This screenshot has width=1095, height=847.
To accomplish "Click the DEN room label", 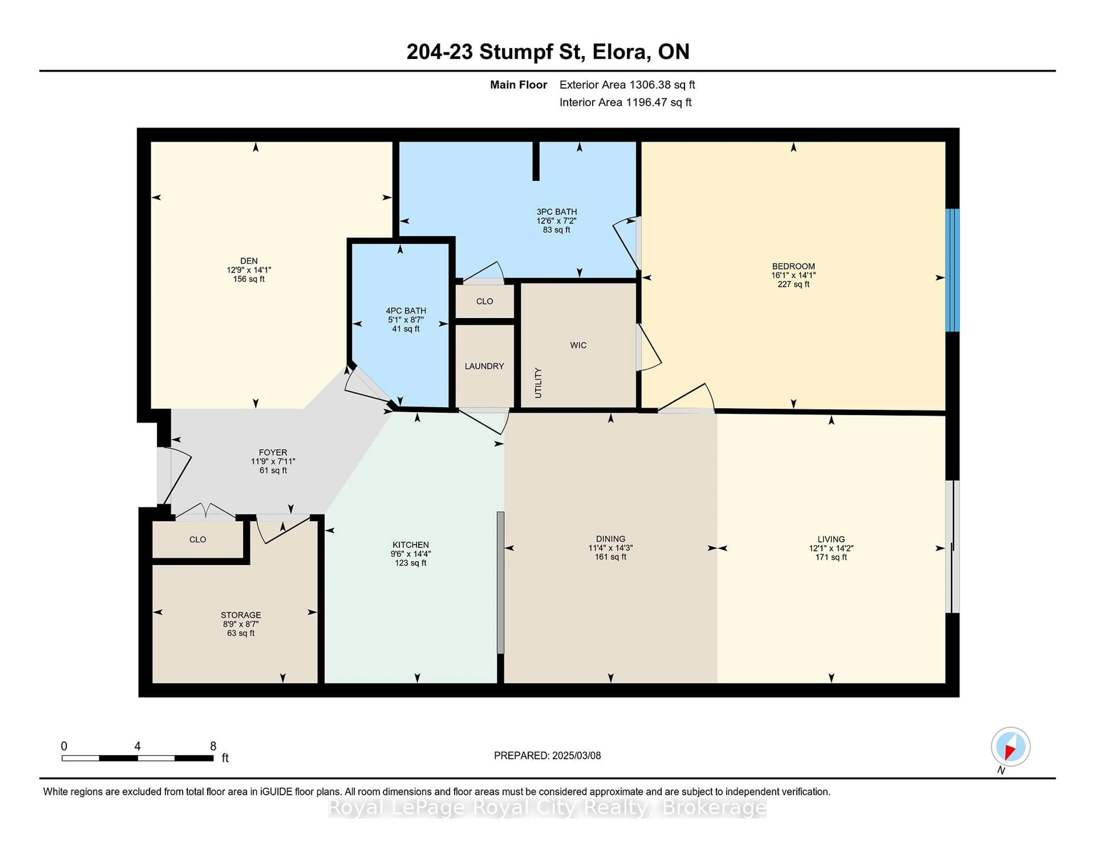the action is coord(249,261).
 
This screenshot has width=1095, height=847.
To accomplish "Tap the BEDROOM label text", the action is coord(793,267).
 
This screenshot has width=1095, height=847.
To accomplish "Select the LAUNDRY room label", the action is coord(484,366).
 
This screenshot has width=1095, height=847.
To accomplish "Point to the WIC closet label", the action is coord(578,345).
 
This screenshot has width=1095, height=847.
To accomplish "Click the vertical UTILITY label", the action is coord(538,383).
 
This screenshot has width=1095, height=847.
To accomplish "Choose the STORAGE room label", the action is coord(241,615).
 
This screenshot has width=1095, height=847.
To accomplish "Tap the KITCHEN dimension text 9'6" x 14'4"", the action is coord(411,554).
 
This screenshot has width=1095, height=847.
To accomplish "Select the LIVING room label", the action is coord(831,539).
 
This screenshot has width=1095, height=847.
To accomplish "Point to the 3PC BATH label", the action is coord(557,212).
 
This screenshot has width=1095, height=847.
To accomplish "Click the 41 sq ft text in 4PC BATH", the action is coord(405,329).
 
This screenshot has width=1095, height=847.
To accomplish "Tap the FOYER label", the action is coord(273,453).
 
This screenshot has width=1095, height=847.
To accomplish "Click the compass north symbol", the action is coord(1010,747).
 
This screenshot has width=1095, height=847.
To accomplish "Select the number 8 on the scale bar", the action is coord(213,746).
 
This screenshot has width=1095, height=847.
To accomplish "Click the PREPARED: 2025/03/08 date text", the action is coord(547,756).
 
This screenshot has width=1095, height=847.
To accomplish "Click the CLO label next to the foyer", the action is coord(198,539).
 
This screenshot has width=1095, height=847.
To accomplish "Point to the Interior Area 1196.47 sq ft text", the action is coord(625,102).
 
